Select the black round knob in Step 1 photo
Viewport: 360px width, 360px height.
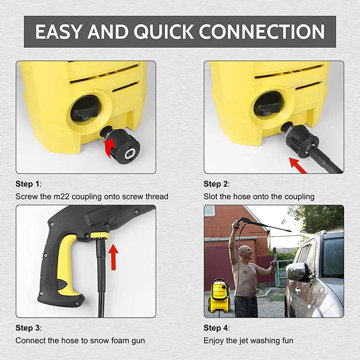point(84,108)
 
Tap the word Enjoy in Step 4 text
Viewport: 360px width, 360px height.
point(214,341)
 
